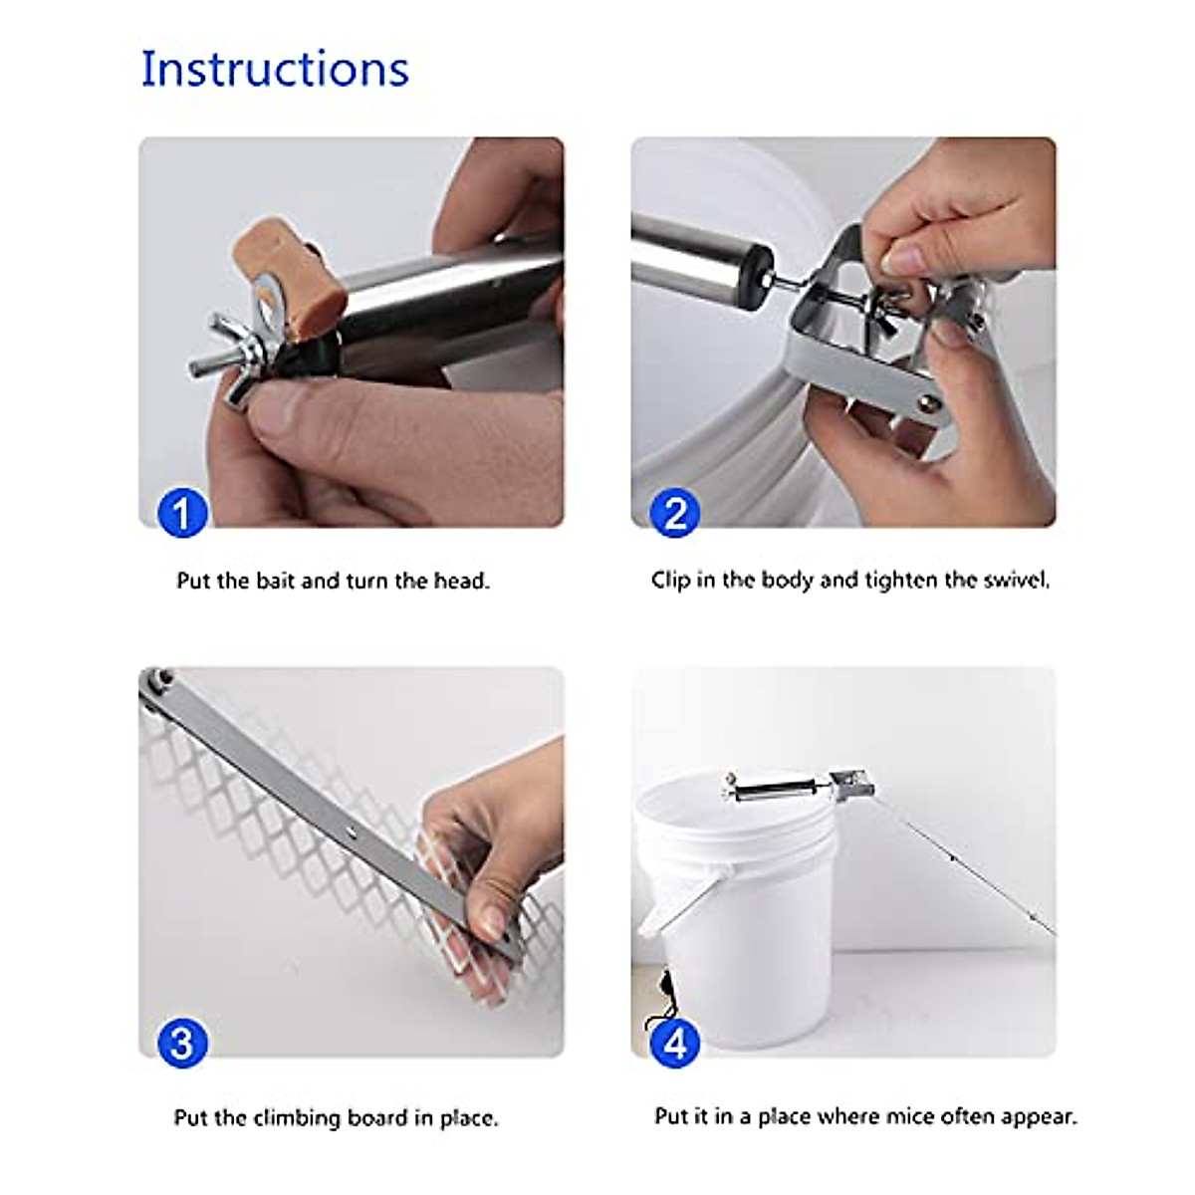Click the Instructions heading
click(275, 69)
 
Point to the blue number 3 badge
click(182, 1043)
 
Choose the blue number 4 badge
click(675, 1043)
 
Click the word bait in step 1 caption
click(275, 581)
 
